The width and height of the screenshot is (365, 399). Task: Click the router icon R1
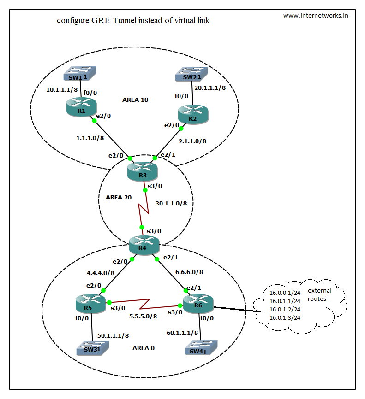click(81, 106)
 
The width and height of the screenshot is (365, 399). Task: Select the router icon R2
click(193, 113)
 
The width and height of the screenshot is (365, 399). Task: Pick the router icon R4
click(144, 244)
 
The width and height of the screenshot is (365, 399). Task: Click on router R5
click(90, 303)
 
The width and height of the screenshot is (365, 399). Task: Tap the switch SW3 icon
click(91, 347)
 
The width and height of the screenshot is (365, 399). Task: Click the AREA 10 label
click(135, 100)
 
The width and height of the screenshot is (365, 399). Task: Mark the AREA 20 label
click(119, 197)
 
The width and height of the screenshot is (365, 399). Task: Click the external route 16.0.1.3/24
click(285, 317)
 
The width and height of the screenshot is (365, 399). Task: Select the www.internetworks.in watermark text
click(316, 15)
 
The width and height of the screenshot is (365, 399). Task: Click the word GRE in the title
click(100, 21)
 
